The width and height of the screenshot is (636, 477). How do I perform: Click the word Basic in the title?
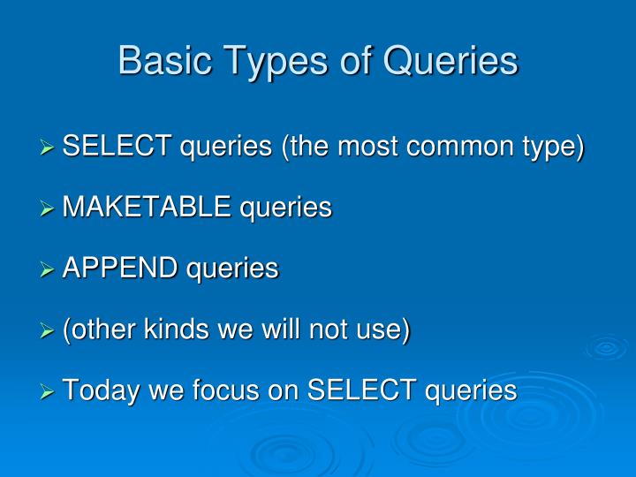click(x=165, y=60)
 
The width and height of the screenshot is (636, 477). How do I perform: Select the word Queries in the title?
click(x=450, y=61)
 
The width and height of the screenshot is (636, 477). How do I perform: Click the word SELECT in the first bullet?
click(x=117, y=145)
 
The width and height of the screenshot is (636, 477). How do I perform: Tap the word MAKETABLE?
click(x=147, y=207)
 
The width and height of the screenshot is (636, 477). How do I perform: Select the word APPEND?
click(x=120, y=268)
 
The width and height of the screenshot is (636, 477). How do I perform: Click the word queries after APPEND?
click(x=232, y=269)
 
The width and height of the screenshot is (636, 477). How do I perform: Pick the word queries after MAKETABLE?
click(x=285, y=208)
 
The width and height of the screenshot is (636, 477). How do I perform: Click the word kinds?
click(x=177, y=329)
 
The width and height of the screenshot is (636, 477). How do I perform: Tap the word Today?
click(x=102, y=391)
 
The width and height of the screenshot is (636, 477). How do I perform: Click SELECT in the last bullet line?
click(x=362, y=390)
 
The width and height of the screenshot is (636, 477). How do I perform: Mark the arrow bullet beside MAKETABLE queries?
click(x=47, y=208)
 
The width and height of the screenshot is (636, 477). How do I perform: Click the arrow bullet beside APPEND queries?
click(x=47, y=269)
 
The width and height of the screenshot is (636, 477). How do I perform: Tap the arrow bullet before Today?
click(x=47, y=392)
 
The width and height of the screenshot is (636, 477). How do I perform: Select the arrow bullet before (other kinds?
click(x=47, y=331)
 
